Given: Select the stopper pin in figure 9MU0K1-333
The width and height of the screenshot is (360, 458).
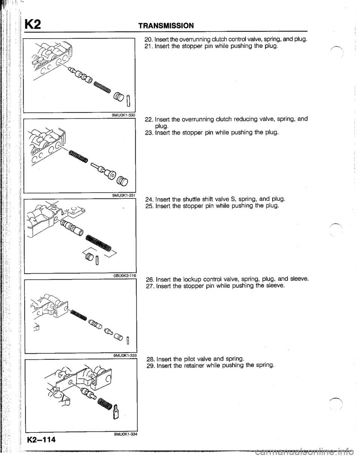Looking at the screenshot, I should [128, 341].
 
